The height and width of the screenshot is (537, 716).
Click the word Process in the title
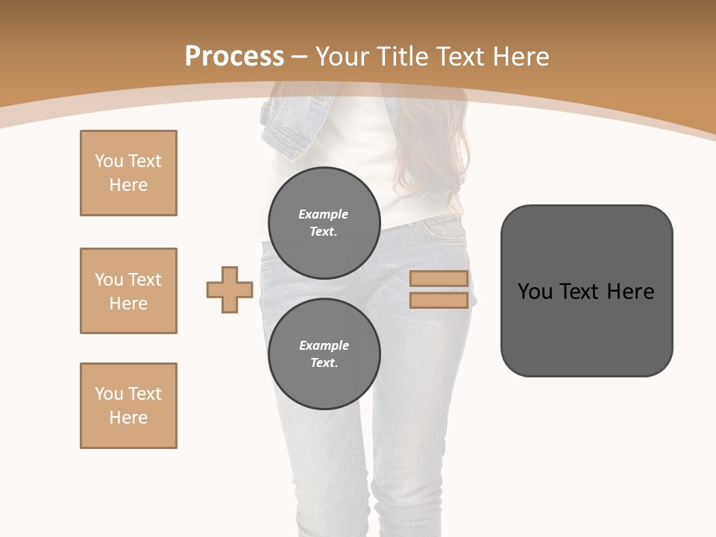coord(234,56)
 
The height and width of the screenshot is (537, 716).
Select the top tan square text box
coord(128,173)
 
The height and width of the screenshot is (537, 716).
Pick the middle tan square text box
coord(128,291)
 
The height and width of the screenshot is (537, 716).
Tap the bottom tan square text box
coord(128,406)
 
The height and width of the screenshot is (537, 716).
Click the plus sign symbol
coord(230,289)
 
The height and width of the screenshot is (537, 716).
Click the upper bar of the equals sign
coord(439,279)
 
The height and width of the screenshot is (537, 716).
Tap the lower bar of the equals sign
coord(439,301)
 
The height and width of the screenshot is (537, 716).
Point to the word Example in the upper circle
coord(323,214)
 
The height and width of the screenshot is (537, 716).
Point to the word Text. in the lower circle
coord(324,363)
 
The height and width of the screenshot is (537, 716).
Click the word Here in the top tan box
coord(128,185)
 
